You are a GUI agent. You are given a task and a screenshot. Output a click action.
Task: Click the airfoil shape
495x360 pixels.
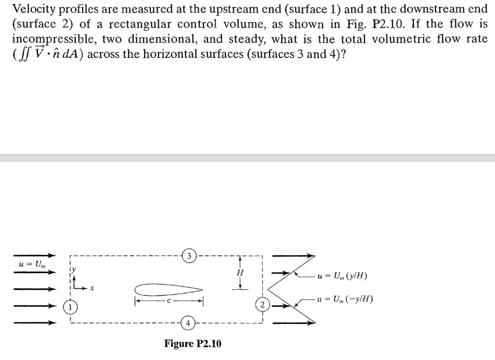click(168, 289)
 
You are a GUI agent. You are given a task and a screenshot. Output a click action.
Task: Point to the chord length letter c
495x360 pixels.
click(168, 302)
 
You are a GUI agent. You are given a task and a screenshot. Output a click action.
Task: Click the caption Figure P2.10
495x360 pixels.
click(192, 343)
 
